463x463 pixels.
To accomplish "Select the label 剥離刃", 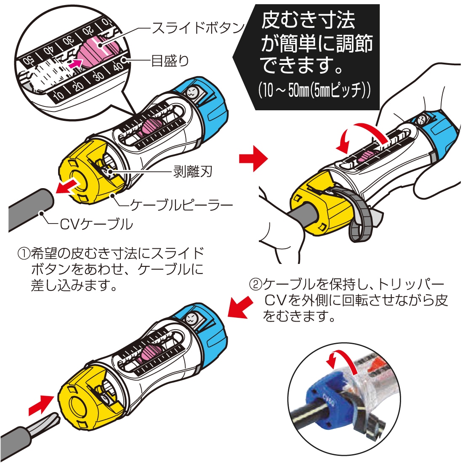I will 192,171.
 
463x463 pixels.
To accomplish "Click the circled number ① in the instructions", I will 22,254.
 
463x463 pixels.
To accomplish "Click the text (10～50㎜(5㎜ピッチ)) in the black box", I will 314,92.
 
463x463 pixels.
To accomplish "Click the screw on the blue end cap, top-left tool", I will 192,93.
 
